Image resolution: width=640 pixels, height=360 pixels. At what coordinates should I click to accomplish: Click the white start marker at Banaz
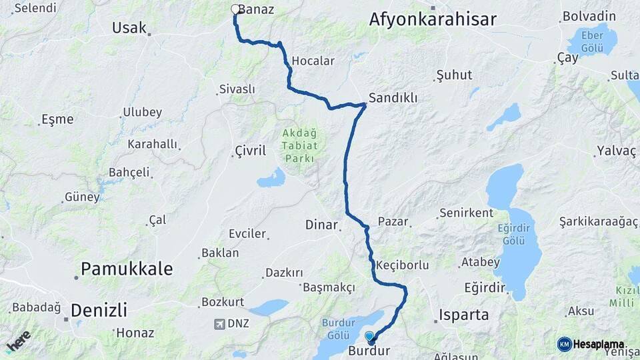pyautogui.click(x=235, y=9)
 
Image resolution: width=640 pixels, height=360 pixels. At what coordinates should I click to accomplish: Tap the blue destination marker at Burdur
pyautogui.click(x=370, y=336)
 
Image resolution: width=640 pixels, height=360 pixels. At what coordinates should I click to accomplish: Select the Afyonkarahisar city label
pyautogui.click(x=433, y=19)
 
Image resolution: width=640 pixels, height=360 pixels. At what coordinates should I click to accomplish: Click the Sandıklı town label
pyautogui.click(x=393, y=98)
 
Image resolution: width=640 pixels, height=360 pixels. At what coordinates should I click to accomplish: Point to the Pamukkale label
pyautogui.click(x=127, y=269)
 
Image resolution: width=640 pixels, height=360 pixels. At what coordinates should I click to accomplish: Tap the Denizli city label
pyautogui.click(x=99, y=310)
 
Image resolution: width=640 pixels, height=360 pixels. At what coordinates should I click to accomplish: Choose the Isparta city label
pyautogui.click(x=464, y=315)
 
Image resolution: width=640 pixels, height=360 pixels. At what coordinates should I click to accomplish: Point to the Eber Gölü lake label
pyautogui.click(x=591, y=41)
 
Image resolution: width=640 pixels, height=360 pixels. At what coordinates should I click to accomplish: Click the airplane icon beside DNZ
pyautogui.click(x=219, y=324)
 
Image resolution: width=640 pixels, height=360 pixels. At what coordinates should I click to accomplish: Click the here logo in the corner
pyautogui.click(x=18, y=341)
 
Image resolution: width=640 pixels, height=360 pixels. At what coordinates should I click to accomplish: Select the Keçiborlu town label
pyautogui.click(x=402, y=265)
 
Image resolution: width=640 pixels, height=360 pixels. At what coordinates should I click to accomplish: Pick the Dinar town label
pyautogui.click(x=321, y=225)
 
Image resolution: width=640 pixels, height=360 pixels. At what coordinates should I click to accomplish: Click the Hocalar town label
pyautogui.click(x=313, y=61)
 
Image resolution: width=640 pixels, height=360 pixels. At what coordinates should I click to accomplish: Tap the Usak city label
pyautogui.click(x=129, y=27)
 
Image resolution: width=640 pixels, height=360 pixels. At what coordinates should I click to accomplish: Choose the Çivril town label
pyautogui.click(x=250, y=151)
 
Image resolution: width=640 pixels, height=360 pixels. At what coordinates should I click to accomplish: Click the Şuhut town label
pyautogui.click(x=453, y=75)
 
